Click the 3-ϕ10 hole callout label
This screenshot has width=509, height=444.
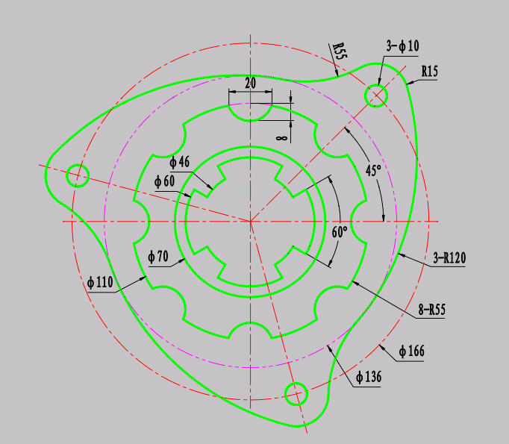tap(402, 46)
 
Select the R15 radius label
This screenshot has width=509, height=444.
tap(429, 71)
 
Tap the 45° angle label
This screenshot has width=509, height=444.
tap(373, 170)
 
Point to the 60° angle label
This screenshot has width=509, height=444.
tap(340, 232)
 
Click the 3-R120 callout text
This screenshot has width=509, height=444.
tap(449, 258)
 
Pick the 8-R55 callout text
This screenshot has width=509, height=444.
tap(431, 309)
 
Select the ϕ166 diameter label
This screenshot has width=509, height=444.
tap(412, 351)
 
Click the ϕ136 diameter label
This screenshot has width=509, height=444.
tap(369, 377)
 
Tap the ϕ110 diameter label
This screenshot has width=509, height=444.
tap(100, 282)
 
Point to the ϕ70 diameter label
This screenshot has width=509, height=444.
tap(158, 257)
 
